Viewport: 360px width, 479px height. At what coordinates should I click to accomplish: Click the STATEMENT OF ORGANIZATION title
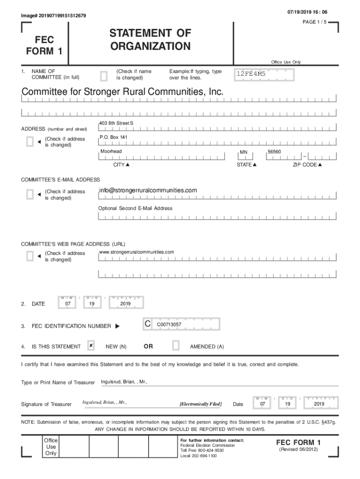click(150, 40)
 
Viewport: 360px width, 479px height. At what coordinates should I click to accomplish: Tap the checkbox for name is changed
click(104, 75)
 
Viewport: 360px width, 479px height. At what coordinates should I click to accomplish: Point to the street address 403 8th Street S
click(116, 123)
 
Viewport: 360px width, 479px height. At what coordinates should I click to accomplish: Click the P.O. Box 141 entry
click(113, 137)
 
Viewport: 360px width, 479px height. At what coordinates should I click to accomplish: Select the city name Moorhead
click(111, 152)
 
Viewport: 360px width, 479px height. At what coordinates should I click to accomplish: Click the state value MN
click(243, 152)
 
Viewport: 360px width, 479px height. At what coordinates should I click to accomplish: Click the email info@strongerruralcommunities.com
click(148, 190)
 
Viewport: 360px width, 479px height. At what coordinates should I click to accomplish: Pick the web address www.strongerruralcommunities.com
click(137, 252)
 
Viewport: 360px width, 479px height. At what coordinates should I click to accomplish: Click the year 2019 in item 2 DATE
click(125, 304)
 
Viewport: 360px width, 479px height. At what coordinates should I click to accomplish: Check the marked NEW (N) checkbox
click(91, 346)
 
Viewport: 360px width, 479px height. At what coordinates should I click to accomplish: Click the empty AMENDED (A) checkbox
click(176, 346)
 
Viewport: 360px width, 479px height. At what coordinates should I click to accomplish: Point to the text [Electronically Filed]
click(201, 404)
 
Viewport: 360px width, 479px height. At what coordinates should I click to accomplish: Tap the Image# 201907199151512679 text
click(53, 16)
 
